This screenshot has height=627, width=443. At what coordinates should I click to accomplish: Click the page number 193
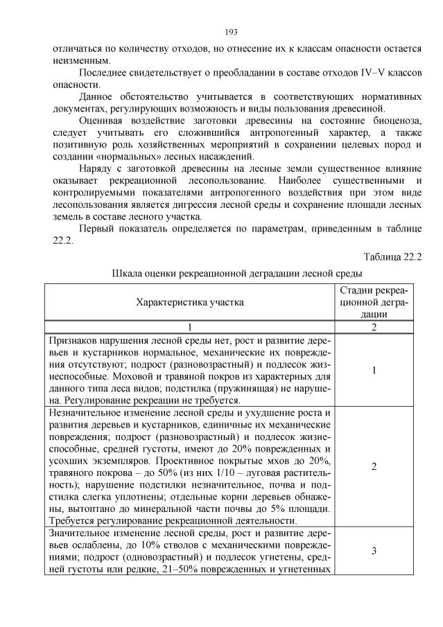[232, 32]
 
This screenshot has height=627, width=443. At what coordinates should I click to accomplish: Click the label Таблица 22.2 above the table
[392, 257]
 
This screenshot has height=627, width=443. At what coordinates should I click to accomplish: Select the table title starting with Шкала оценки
[236, 273]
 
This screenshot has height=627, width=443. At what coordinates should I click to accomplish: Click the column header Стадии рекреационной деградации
[374, 302]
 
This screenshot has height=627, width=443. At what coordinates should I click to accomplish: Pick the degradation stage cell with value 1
[374, 371]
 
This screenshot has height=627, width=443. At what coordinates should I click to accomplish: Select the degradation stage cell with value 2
[374, 466]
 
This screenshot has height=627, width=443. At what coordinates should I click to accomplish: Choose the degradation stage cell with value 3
[374, 551]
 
